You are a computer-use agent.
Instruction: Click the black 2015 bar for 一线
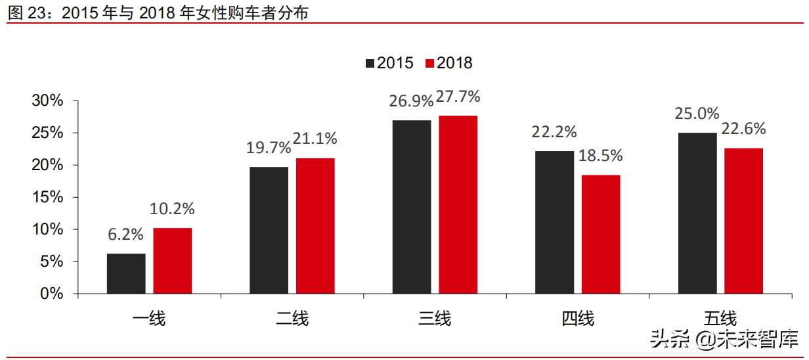coord(126,273)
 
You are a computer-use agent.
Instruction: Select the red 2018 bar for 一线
coord(173,261)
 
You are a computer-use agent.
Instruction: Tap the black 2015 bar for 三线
coord(412,207)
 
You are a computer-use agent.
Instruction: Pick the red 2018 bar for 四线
coord(601,234)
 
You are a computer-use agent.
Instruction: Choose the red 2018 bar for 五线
coord(743,221)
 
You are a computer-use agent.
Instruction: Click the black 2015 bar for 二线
coord(269,230)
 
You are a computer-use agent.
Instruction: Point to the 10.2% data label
coord(173,209)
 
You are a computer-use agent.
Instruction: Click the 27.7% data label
coord(458,97)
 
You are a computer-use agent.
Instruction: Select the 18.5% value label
coord(601,156)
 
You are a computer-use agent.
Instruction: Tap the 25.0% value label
coord(697,114)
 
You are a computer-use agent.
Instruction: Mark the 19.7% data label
coord(269,147)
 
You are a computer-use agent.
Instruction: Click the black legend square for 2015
coord(370,63)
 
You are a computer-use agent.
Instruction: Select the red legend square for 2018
coord(430,63)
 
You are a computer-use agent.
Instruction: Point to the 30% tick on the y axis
coord(47,101)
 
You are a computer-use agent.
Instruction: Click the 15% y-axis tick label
coord(47,197)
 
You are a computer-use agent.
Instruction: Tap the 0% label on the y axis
coord(51,294)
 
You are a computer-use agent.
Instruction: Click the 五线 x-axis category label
coord(720,319)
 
